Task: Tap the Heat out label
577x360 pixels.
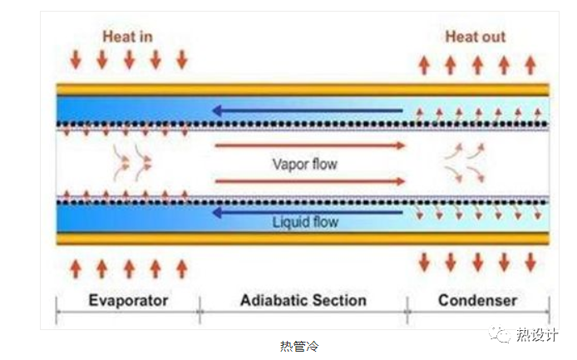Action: click(x=475, y=37)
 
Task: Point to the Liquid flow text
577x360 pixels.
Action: click(x=305, y=222)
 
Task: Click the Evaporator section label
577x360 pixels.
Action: click(x=128, y=300)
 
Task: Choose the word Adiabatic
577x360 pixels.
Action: click(x=272, y=300)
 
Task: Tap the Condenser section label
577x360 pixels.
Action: click(x=477, y=300)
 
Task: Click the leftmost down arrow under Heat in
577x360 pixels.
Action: click(x=76, y=60)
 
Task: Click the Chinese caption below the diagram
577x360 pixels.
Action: click(x=298, y=346)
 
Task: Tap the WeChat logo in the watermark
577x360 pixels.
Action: click(x=501, y=335)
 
